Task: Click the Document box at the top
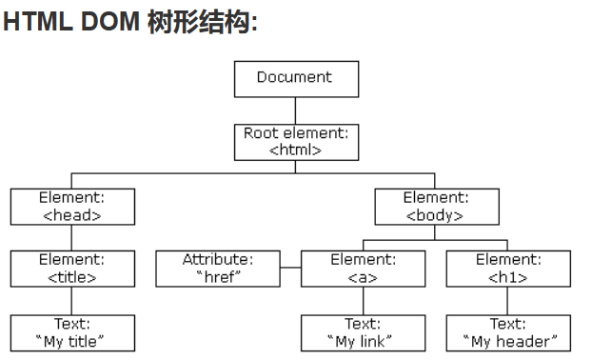click(296, 78)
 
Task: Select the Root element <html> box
click(296, 141)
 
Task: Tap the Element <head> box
click(72, 207)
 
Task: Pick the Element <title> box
click(72, 269)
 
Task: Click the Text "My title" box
click(72, 332)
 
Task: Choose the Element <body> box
click(436, 207)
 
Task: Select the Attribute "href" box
click(218, 269)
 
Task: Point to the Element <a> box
click(363, 269)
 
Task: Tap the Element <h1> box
click(508, 269)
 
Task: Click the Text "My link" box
click(363, 332)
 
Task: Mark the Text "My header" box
click(508, 332)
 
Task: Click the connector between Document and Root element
click(296, 110)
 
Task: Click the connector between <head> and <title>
click(72, 238)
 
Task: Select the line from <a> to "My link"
click(363, 301)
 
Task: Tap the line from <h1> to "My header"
click(508, 301)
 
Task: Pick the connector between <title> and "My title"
click(72, 301)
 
